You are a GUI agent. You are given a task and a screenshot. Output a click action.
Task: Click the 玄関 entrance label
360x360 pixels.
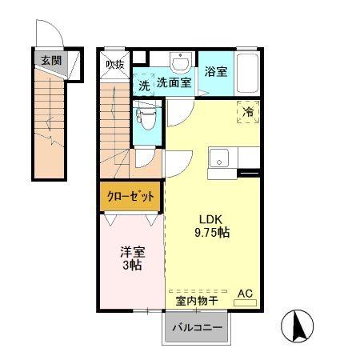(x=51, y=61)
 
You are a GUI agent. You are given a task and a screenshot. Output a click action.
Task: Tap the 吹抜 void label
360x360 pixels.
(x=115, y=65)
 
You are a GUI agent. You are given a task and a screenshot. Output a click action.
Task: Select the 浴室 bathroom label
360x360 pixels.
(x=216, y=72)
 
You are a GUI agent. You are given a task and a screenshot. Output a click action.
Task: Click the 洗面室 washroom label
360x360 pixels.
(x=174, y=83)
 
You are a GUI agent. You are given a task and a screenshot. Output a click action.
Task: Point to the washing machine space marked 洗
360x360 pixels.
(x=144, y=86)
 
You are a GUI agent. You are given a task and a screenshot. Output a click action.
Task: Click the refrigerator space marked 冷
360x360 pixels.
(x=248, y=112)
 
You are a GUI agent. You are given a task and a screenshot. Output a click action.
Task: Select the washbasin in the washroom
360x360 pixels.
(x=181, y=62)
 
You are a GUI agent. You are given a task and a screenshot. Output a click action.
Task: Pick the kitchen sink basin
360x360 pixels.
(x=219, y=158)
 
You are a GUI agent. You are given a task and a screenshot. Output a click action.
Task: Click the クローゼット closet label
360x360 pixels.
(x=130, y=197)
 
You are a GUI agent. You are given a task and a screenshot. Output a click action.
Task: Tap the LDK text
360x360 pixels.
(x=211, y=219)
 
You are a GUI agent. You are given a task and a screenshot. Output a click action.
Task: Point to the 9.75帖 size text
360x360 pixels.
(x=212, y=233)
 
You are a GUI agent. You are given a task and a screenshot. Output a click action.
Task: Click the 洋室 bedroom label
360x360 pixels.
(x=133, y=252)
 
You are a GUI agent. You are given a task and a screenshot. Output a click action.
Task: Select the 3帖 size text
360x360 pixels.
(x=132, y=266)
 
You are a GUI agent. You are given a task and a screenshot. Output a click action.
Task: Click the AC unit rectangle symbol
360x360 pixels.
(x=245, y=302)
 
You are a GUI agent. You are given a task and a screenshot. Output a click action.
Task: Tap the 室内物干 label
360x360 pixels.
(x=197, y=301)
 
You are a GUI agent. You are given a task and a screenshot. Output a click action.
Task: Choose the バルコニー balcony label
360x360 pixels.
(x=197, y=327)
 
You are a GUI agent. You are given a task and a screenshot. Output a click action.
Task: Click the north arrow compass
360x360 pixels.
(x=298, y=326)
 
